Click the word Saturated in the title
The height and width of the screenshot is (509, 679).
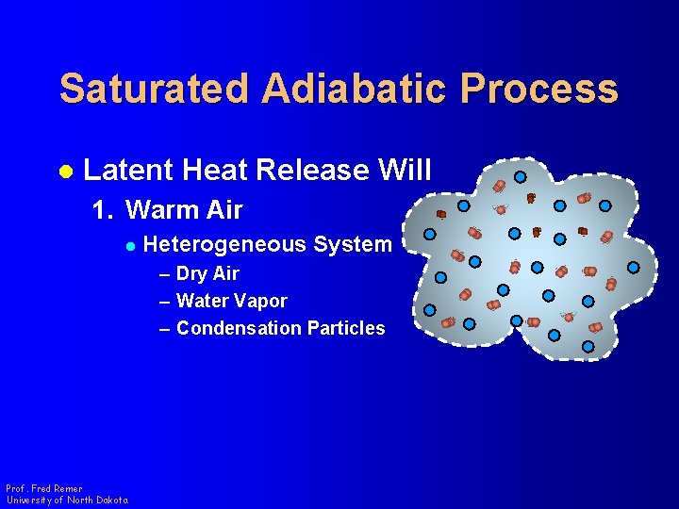(x=155, y=89)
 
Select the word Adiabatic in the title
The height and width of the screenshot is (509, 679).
(x=355, y=89)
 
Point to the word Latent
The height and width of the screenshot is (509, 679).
(x=128, y=171)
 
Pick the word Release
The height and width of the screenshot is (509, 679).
(x=316, y=171)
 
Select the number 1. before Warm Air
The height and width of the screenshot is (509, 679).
(x=103, y=209)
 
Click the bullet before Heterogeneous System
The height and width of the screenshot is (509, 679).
(x=131, y=246)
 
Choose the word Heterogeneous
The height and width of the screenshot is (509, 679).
(x=225, y=245)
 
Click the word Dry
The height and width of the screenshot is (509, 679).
(x=191, y=274)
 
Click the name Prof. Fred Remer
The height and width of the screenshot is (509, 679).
(x=43, y=489)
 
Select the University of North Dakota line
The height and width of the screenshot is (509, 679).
(x=66, y=501)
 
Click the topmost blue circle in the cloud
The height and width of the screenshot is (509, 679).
(x=521, y=176)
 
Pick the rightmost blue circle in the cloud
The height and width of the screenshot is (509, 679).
(x=634, y=267)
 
